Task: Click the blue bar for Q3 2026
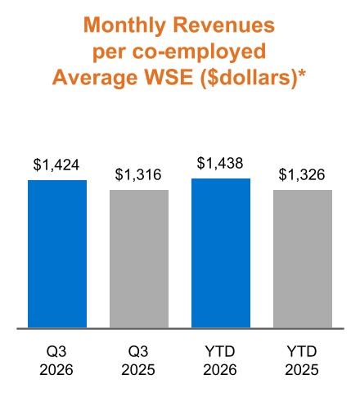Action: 57,254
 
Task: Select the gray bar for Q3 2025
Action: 139,259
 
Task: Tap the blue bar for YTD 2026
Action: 221,253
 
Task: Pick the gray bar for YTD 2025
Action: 303,259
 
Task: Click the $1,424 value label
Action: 56,165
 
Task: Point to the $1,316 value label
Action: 138,174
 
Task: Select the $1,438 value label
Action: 220,163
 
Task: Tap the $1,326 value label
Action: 302,174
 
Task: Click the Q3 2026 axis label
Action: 56,360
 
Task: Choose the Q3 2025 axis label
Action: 138,360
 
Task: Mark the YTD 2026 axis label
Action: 220,360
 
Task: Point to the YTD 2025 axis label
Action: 302,360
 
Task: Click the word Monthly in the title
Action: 124,26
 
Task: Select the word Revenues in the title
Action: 224,25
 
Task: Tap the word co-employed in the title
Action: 199,52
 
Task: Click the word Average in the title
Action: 95,79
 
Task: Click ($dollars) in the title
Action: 249,78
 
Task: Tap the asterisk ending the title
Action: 302,73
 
